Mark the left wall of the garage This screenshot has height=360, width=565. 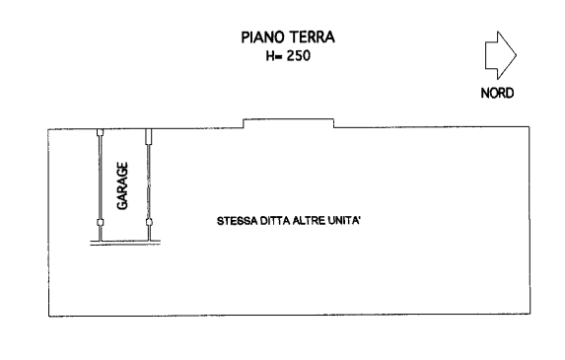coord(100,178)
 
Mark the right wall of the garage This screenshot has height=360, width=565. coord(149,178)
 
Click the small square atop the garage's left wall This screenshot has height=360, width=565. coord(100,132)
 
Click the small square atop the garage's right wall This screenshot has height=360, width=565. coord(149,132)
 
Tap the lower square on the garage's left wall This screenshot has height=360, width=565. coord(100,223)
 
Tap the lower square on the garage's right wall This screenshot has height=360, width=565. coord(149,223)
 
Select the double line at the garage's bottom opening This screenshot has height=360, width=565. coord(124,245)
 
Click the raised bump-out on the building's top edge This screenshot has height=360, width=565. coord(288,122)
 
